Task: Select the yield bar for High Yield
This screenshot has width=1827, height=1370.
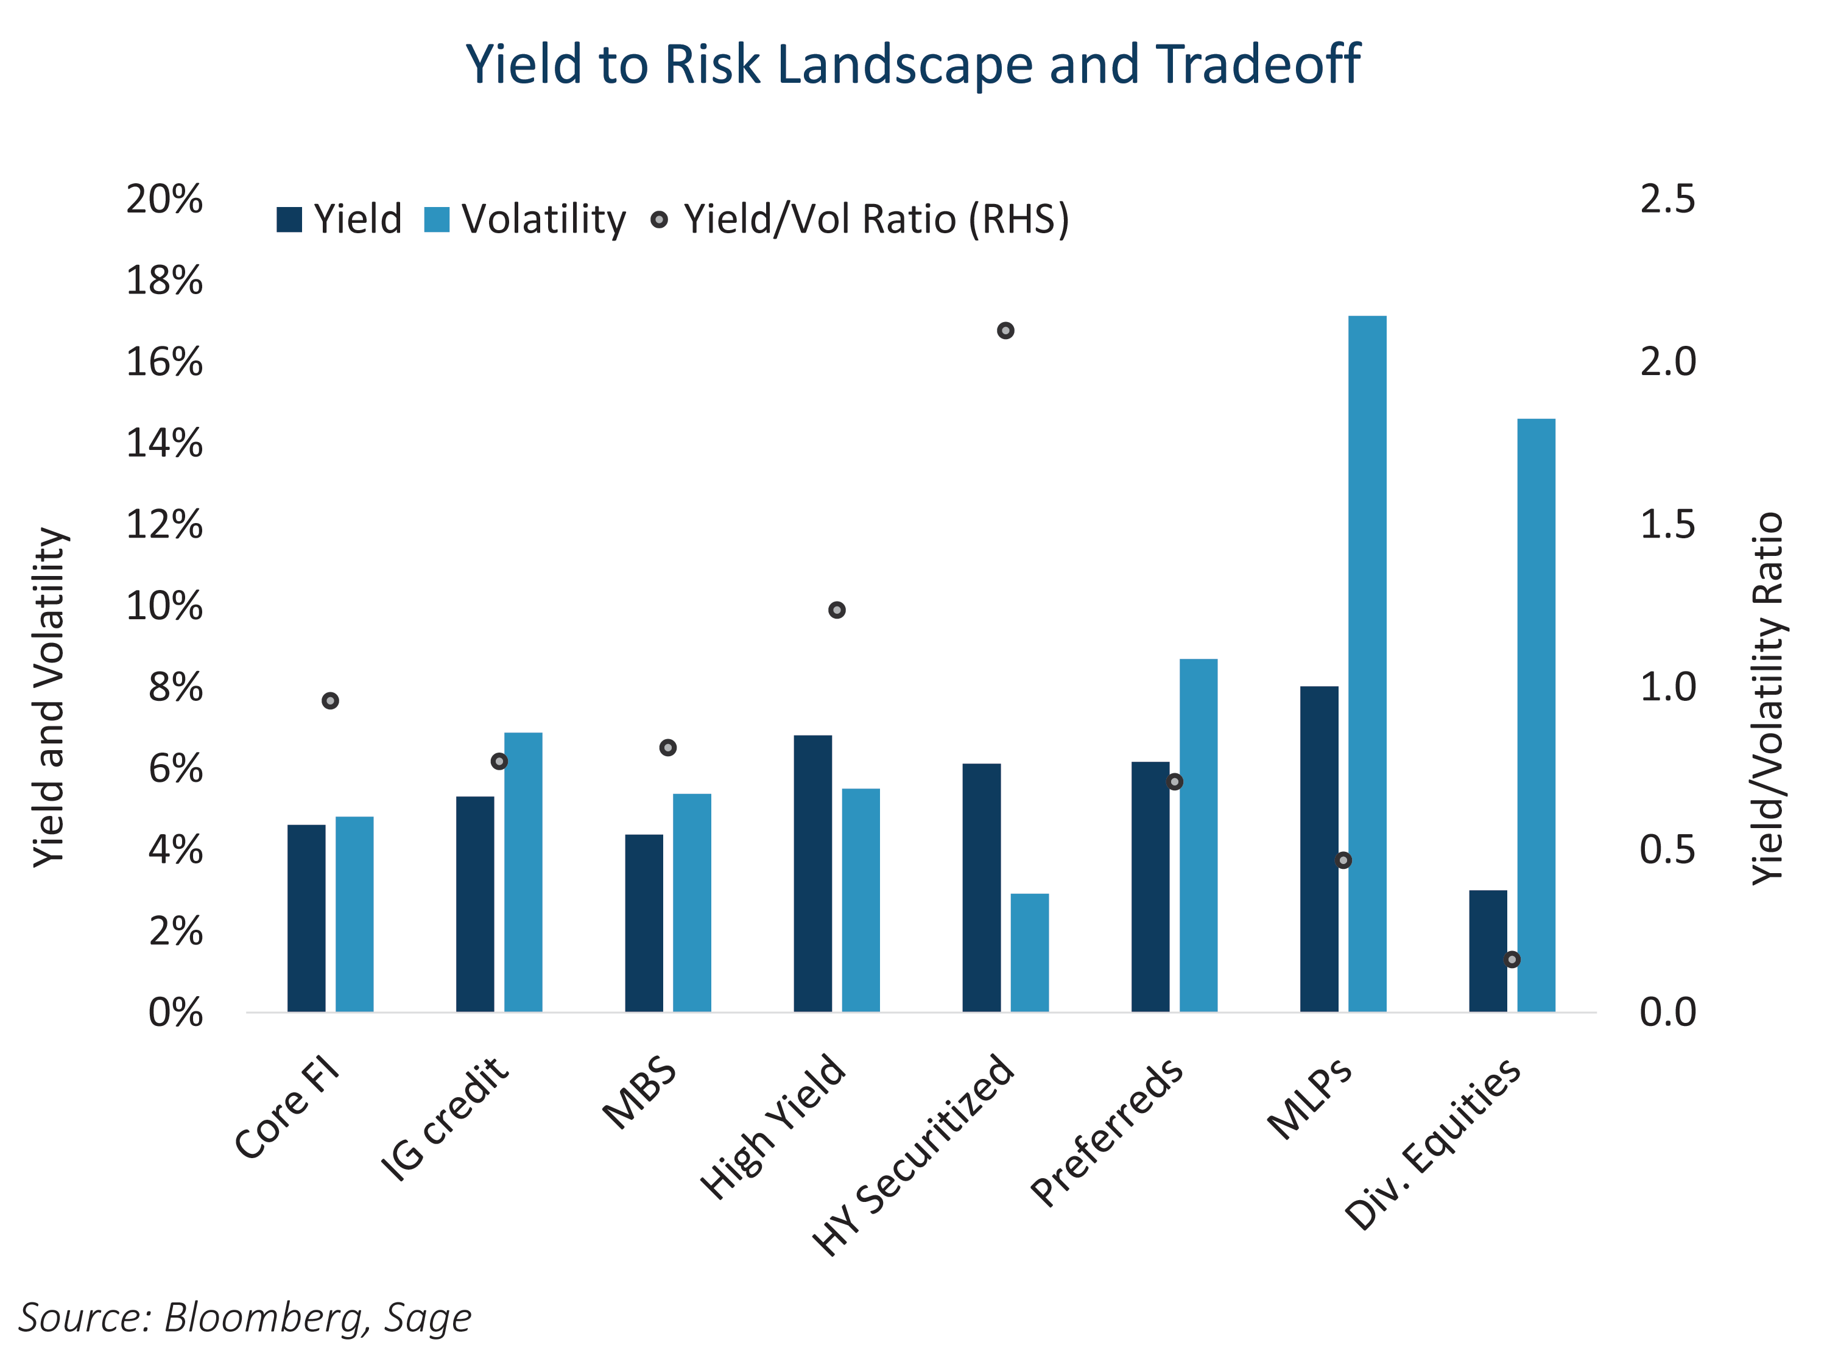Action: click(x=813, y=873)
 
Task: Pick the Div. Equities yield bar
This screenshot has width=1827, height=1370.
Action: click(x=1488, y=950)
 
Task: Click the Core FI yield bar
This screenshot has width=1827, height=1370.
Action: click(x=306, y=918)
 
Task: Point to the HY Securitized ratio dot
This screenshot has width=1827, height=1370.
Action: click(x=1005, y=330)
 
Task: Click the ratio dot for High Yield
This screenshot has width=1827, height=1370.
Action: click(x=837, y=610)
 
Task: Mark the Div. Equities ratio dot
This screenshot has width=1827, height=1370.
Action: click(x=1512, y=960)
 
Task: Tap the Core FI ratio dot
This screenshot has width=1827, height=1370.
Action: click(x=330, y=701)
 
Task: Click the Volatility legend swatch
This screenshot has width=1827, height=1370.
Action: click(x=436, y=220)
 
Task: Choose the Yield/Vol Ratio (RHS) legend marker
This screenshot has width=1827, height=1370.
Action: click(x=659, y=220)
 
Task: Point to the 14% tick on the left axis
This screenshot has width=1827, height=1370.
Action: click(x=164, y=443)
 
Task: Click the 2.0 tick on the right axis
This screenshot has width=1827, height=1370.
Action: click(x=1667, y=362)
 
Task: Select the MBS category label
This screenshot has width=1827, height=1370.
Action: click(x=640, y=1094)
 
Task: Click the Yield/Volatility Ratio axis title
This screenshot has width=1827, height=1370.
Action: click(x=1767, y=698)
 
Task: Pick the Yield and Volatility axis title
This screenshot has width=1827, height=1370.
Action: click(x=49, y=698)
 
